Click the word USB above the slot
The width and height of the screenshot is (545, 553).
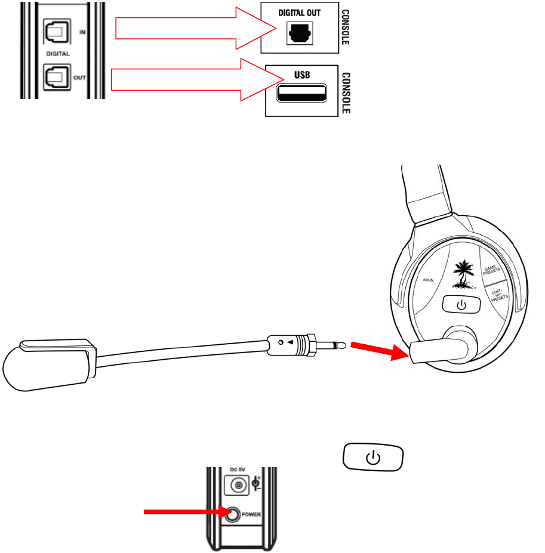coord(301,74)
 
